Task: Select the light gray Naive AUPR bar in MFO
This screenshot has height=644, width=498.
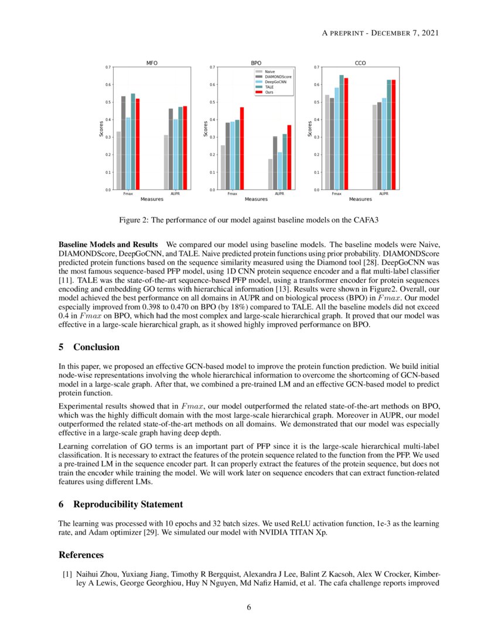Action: [x=166, y=162]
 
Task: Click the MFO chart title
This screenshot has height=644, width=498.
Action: [x=151, y=62]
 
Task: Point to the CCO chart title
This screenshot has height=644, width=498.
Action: [x=360, y=62]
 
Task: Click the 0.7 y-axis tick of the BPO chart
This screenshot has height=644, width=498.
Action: [x=212, y=67]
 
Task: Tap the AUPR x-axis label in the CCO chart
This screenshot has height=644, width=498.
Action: [x=383, y=194]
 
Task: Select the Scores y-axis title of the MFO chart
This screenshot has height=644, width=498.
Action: [x=101, y=129]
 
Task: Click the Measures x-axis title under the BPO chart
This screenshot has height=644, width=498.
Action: [x=256, y=200]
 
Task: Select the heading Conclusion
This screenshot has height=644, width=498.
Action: [x=96, y=347]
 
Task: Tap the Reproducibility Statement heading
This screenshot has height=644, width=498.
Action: [x=128, y=504]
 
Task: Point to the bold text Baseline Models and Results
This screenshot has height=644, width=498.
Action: [x=108, y=243]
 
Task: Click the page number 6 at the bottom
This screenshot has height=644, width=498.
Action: [x=249, y=607]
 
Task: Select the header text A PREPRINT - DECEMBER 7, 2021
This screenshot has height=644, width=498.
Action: [x=380, y=33]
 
